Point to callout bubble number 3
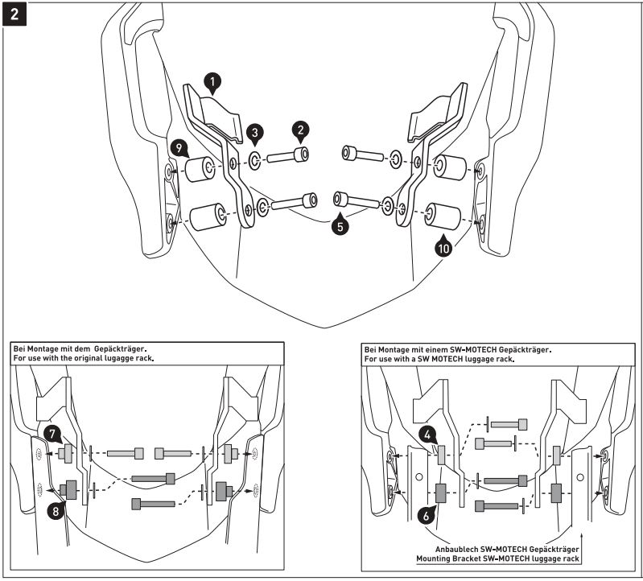point(253,131)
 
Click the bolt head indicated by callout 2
point(303,155)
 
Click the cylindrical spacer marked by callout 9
point(199,168)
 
